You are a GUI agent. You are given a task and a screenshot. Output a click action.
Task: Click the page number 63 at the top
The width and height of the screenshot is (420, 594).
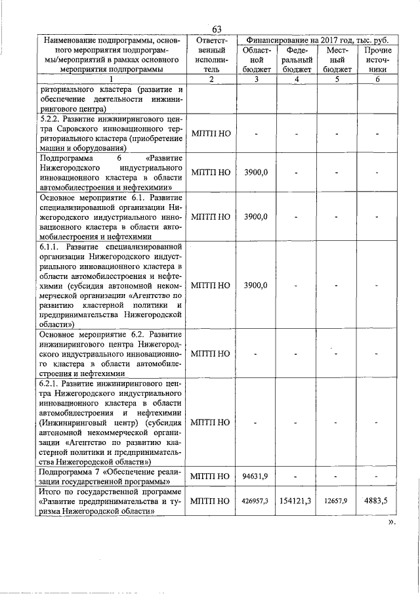coord(217,28)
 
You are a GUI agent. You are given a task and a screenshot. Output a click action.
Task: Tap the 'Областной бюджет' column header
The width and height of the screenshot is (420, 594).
coord(256,60)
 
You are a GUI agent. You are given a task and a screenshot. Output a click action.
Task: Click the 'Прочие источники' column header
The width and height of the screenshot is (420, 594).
coord(377,60)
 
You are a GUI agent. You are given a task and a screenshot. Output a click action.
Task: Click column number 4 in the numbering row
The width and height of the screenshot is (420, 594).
coord(297,79)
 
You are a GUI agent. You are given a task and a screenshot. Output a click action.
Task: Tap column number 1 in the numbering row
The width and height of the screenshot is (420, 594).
coord(112,79)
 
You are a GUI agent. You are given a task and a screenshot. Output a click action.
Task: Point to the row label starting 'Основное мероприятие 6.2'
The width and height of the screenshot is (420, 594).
coord(112,353)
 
